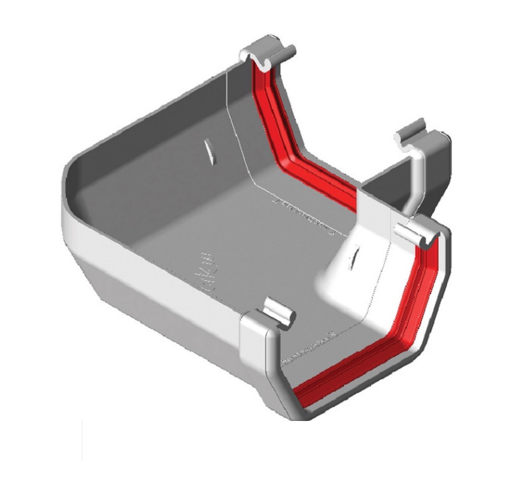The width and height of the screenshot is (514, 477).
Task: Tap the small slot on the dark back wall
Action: (x=209, y=153)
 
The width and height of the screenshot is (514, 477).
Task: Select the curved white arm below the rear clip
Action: (x=415, y=178)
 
